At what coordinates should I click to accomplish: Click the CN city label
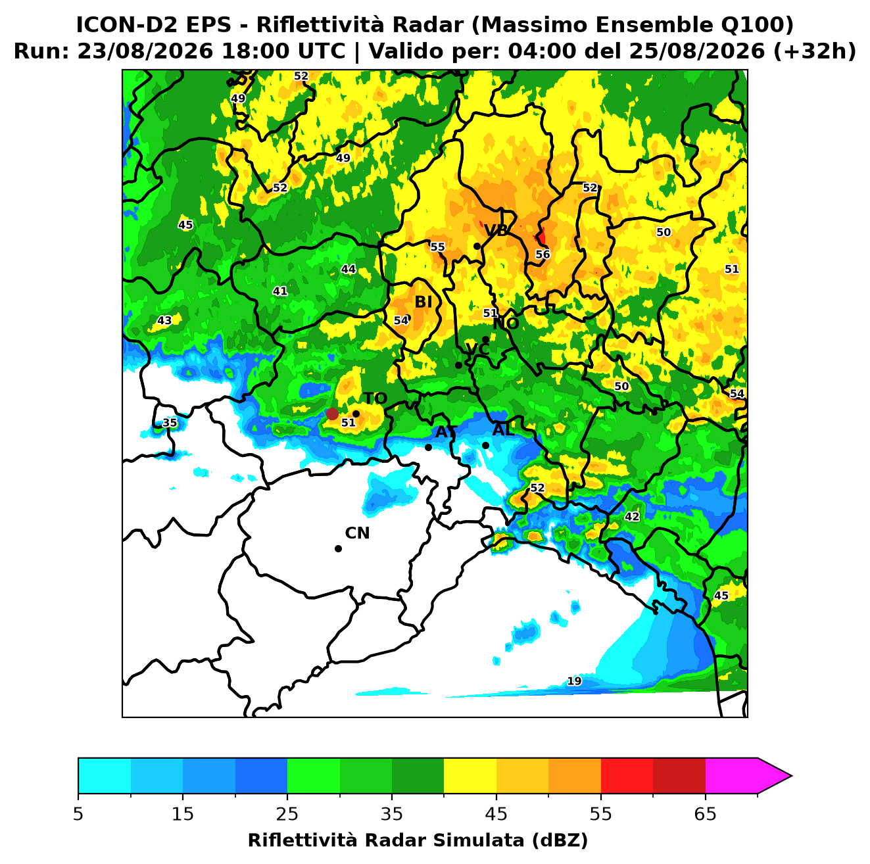(356, 533)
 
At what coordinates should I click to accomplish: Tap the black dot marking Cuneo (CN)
(338, 548)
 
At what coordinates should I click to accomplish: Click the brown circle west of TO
(332, 413)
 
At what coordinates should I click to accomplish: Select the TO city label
(375, 398)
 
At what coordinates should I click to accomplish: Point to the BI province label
(423, 302)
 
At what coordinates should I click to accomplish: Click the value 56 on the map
(543, 254)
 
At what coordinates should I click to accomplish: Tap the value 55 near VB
(437, 247)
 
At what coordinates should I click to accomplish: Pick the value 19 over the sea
(574, 681)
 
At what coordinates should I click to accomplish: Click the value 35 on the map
(169, 422)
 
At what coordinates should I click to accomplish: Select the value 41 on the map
(279, 291)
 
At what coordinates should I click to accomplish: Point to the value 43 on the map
(164, 320)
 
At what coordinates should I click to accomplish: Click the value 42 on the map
(631, 516)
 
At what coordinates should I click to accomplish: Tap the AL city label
(503, 429)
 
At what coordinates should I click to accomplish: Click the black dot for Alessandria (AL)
(485, 445)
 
